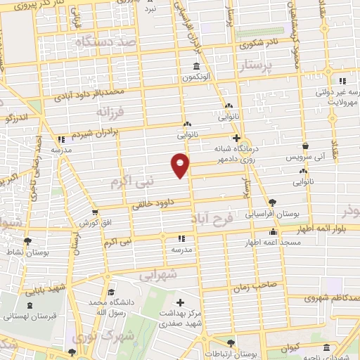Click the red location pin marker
coord(180,165)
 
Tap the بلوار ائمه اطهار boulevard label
coord(322,229)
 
